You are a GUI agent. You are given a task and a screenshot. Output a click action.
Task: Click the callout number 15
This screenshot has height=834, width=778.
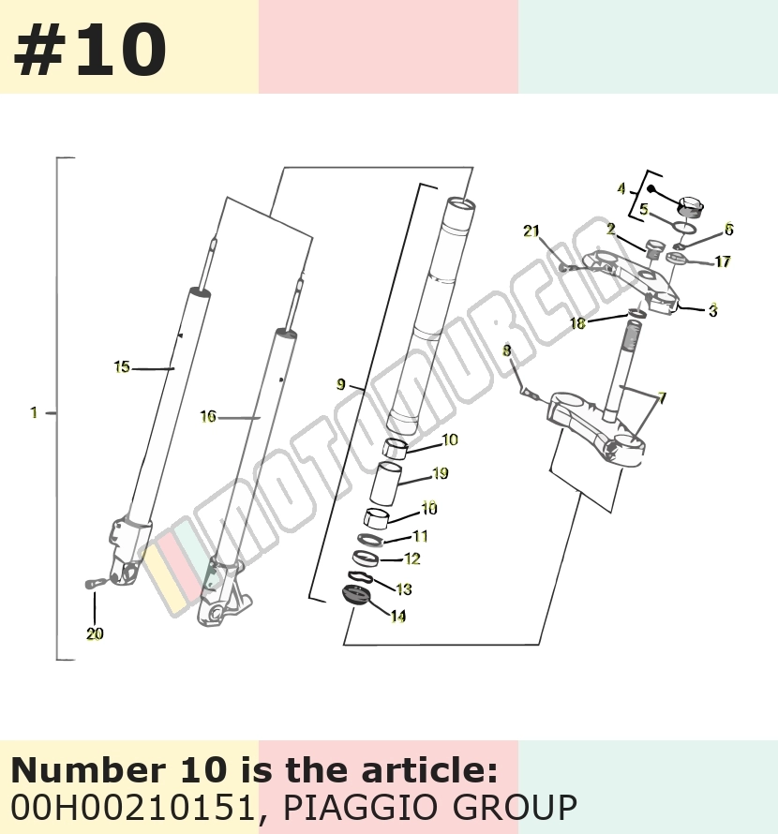(x=122, y=367)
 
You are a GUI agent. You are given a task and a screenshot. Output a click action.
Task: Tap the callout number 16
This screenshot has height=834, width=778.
(x=208, y=416)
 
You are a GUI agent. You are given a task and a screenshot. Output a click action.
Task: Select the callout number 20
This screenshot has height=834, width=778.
(x=95, y=633)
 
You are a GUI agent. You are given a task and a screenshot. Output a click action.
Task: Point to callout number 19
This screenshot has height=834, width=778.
(x=441, y=473)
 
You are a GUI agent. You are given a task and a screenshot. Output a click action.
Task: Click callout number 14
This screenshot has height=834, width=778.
(x=398, y=616)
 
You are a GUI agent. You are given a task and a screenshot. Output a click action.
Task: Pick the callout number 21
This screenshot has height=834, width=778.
(x=531, y=231)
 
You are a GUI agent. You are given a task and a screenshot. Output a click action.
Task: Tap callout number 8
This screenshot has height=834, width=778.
(x=506, y=350)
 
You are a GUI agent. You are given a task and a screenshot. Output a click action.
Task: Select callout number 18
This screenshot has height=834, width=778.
(x=577, y=323)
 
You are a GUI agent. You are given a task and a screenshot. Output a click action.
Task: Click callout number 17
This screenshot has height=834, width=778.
(x=722, y=261)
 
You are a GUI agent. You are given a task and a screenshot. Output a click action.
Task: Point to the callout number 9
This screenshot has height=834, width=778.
(x=341, y=384)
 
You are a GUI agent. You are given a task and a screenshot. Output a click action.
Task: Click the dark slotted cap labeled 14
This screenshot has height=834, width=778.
(x=354, y=594)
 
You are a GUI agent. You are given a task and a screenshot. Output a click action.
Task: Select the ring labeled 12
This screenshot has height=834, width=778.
(x=365, y=558)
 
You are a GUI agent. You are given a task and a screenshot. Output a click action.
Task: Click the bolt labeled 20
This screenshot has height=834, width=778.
(x=94, y=584)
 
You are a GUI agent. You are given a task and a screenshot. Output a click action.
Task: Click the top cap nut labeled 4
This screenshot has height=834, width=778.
(x=691, y=206)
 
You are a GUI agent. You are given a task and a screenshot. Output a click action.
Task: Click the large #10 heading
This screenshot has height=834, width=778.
(x=90, y=50)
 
